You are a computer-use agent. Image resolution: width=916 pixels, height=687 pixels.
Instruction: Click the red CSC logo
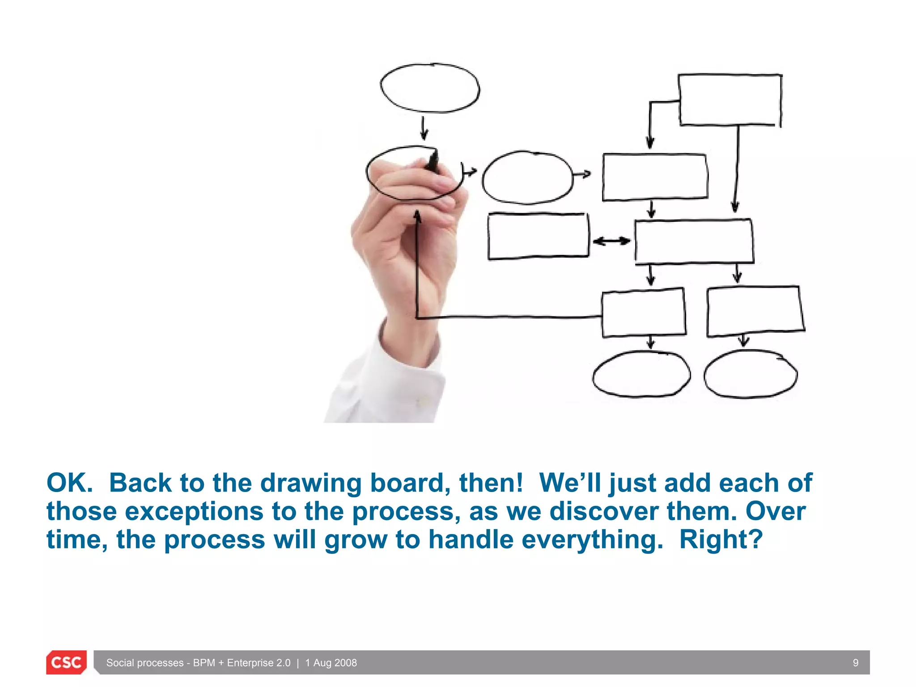pyautogui.click(x=66, y=662)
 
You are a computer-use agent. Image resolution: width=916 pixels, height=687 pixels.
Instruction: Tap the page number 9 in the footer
pyautogui.click(x=855, y=663)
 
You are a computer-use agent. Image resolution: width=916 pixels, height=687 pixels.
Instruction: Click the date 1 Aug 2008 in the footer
pyautogui.click(x=331, y=663)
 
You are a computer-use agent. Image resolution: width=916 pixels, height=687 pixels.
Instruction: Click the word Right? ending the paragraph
pyautogui.click(x=721, y=539)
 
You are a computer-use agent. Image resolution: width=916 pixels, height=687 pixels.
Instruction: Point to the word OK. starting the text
pyautogui.click(x=69, y=483)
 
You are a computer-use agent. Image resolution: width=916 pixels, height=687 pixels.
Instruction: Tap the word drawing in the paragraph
pyautogui.click(x=311, y=483)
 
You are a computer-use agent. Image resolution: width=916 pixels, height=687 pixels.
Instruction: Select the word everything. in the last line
pyautogui.click(x=592, y=539)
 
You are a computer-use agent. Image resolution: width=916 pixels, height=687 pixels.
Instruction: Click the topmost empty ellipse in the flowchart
pyautogui.click(x=430, y=88)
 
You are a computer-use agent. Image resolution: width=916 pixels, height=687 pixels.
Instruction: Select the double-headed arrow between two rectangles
pyautogui.click(x=611, y=242)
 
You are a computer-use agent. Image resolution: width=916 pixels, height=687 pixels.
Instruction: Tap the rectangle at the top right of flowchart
pyautogui.click(x=730, y=100)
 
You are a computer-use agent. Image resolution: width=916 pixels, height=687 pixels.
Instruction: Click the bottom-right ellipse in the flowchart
pyautogui.click(x=750, y=374)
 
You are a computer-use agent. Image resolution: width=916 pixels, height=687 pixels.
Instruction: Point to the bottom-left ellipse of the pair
pyautogui.click(x=641, y=374)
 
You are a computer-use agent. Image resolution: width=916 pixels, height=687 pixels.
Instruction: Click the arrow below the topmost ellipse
pyautogui.click(x=424, y=129)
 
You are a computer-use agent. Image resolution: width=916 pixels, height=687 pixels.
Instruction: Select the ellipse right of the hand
pyautogui.click(x=527, y=177)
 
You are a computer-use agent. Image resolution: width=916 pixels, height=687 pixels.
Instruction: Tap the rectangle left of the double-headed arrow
pyautogui.click(x=538, y=236)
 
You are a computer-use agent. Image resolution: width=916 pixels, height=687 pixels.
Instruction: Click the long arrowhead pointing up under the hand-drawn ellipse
pyautogui.click(x=417, y=217)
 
